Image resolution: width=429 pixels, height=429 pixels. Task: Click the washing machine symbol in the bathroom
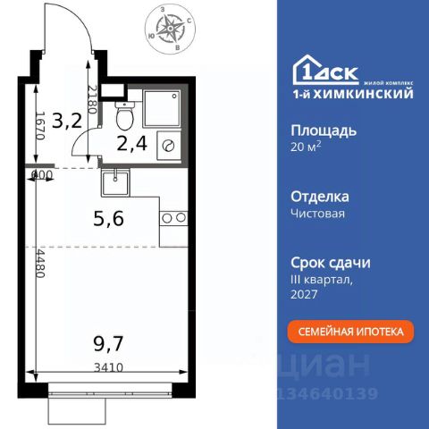(168, 145)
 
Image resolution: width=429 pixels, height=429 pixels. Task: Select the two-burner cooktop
(173, 217)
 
